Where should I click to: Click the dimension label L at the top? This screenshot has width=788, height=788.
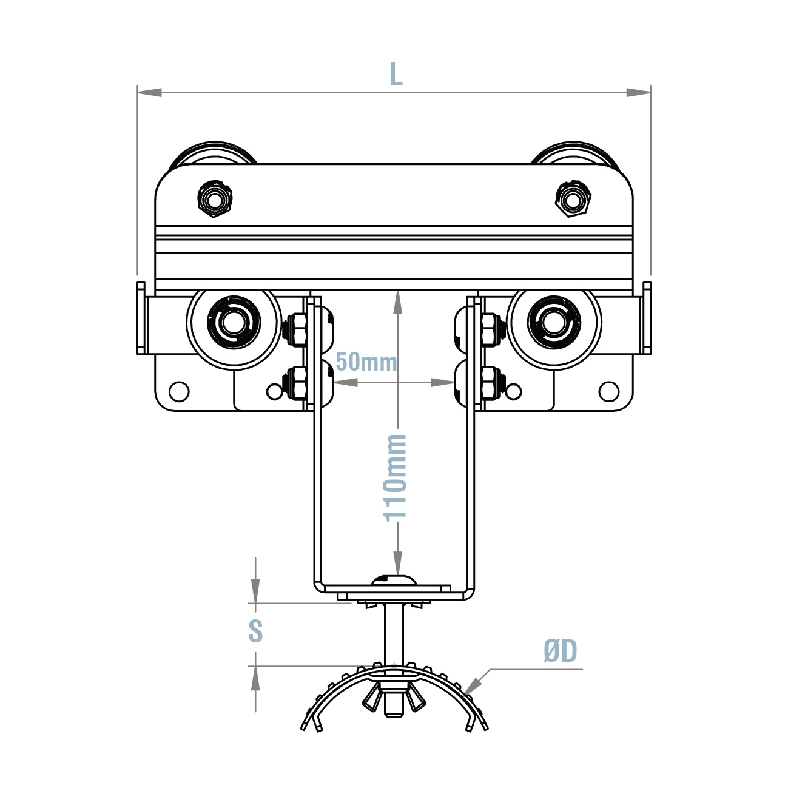click(396, 75)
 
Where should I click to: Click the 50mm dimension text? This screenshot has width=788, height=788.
click(366, 362)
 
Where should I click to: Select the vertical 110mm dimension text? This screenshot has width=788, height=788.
click(395, 477)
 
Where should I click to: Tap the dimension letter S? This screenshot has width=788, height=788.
click(255, 631)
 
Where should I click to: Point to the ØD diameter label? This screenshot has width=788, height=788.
click(560, 652)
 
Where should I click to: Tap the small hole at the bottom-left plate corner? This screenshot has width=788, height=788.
click(179, 391)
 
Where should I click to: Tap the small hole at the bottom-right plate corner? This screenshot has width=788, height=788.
click(608, 391)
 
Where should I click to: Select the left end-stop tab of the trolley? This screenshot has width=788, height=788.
click(141, 318)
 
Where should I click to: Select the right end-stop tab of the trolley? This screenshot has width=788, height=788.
click(647, 318)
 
